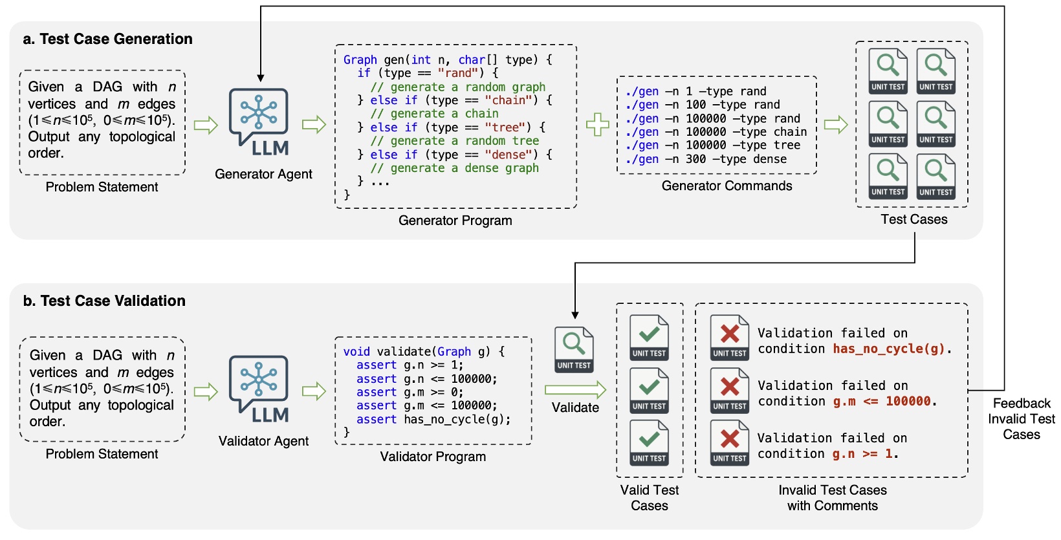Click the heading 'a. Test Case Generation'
(107, 39)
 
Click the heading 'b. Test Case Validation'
(104, 301)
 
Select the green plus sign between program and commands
(597, 125)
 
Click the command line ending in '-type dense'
(706, 159)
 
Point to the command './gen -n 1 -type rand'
(695, 91)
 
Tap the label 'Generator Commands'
(727, 186)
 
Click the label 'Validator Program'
(433, 457)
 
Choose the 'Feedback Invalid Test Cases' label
(1021, 419)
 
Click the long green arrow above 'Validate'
(574, 390)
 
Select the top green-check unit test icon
(650, 338)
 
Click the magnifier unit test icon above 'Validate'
(574, 349)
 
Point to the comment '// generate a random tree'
(454, 141)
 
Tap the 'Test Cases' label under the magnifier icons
(913, 219)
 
